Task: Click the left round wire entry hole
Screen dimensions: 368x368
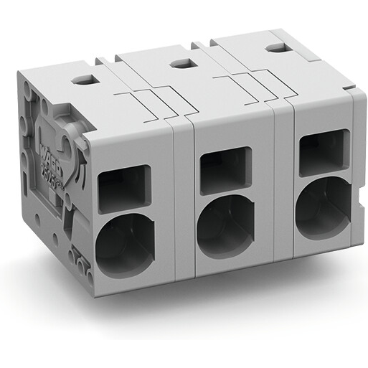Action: (124, 244)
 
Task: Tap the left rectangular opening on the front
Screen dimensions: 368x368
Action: (124, 188)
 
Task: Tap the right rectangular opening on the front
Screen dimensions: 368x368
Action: (324, 152)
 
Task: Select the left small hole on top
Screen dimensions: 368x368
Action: (85, 80)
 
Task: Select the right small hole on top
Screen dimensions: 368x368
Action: (275, 48)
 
